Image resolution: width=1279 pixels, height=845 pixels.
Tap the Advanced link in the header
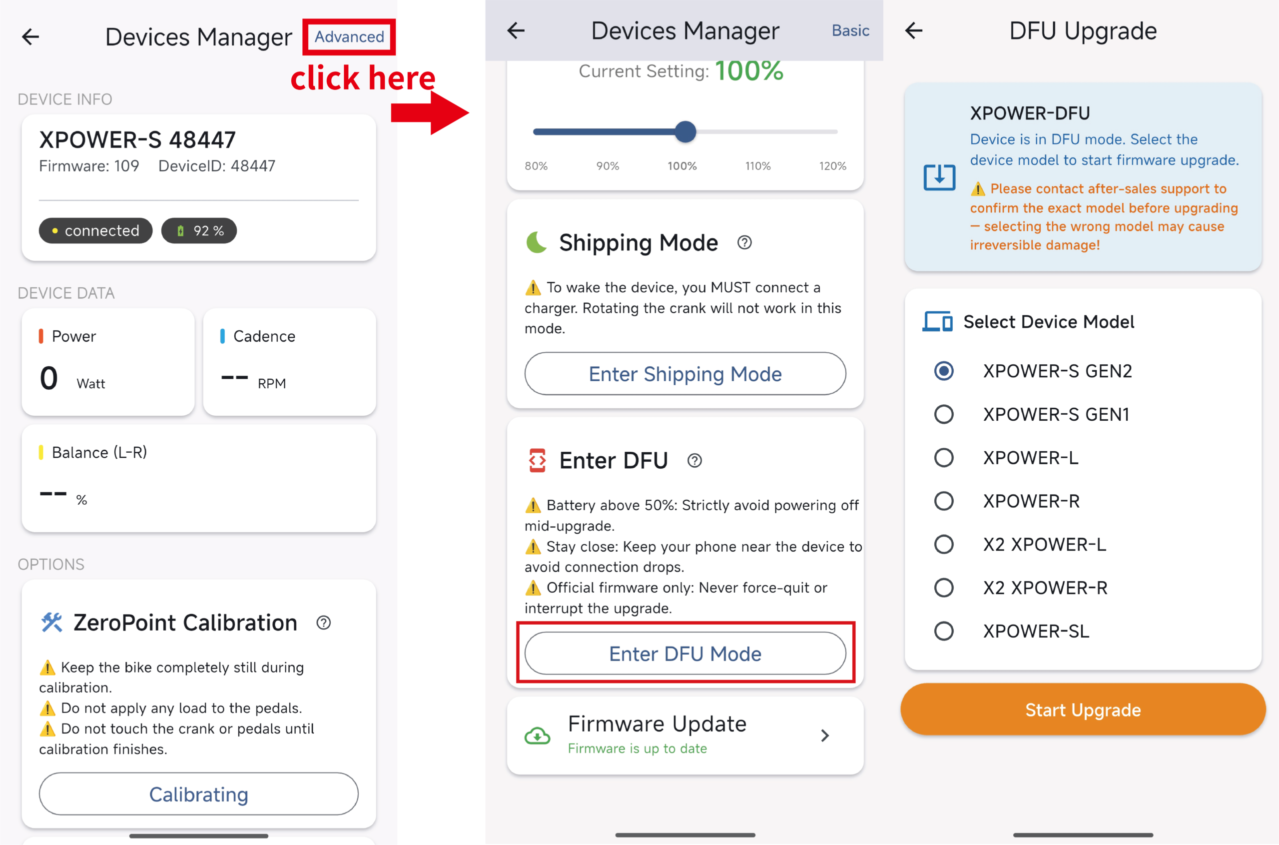[x=349, y=36]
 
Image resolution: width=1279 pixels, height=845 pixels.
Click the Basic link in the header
[x=850, y=30]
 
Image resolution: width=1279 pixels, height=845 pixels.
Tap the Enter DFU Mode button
[x=685, y=653]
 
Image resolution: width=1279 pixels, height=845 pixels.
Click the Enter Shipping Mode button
[x=685, y=373]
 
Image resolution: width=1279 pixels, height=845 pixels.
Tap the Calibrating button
[x=199, y=794]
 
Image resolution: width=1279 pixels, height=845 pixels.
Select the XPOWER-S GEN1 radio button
[x=943, y=414]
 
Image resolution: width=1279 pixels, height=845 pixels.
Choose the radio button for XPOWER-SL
[x=943, y=631]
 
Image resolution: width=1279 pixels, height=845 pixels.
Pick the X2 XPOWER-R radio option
[x=943, y=588]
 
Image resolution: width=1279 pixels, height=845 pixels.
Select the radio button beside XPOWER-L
[x=943, y=458]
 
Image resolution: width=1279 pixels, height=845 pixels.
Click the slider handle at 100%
[x=685, y=131]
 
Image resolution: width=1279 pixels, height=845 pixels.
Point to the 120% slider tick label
[x=832, y=166]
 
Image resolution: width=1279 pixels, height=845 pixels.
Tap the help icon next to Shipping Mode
[x=744, y=242]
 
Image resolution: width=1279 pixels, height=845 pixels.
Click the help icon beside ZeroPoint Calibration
[x=323, y=623]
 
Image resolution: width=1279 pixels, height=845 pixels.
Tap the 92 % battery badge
[x=199, y=231]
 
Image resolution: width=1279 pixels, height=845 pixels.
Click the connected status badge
[x=95, y=231]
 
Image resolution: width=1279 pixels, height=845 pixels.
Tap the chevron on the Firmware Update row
[x=824, y=736]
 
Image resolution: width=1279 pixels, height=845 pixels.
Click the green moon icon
[x=536, y=242]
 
